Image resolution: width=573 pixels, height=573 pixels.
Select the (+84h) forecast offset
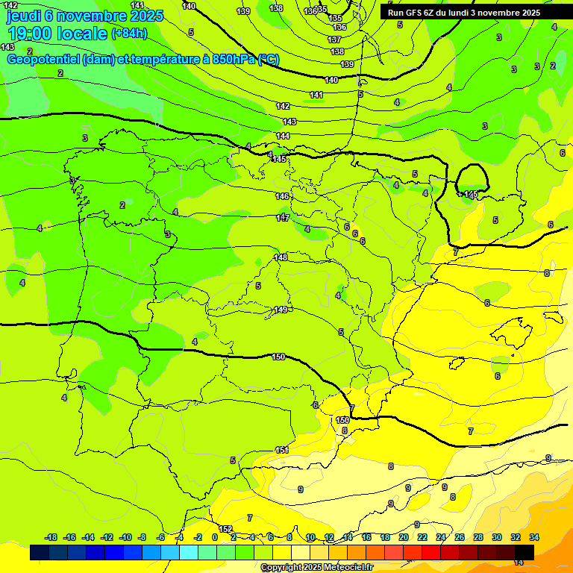point(129,34)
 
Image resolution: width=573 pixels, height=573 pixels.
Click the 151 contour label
point(282,450)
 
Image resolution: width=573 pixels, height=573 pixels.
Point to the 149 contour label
point(281,310)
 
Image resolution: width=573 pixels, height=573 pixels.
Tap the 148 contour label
point(281,257)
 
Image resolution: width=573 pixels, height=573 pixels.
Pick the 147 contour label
point(282,218)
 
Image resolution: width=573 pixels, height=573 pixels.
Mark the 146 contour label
point(282,196)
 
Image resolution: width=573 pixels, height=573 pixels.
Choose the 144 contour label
point(283,136)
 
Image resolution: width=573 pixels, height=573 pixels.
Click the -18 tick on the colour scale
point(51,537)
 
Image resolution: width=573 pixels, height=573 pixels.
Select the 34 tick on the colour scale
point(534,537)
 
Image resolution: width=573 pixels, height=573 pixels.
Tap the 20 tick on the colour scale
point(404,537)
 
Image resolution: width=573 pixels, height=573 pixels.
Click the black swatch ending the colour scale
point(525,553)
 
